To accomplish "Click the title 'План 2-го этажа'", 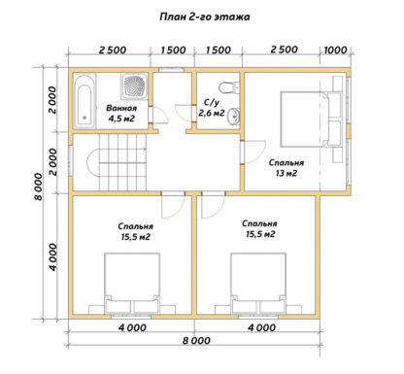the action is [205, 17].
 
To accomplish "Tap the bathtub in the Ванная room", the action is [84, 101].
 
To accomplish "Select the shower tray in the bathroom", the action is [134, 86].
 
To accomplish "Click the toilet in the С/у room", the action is [229, 87].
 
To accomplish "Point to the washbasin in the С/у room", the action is [234, 116].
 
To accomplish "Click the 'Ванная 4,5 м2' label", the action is [121, 113].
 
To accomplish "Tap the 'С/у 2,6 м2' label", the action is [212, 108].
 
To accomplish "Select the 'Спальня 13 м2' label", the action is [286, 168].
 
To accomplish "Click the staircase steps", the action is [122, 162].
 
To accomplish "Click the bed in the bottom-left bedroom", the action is [132, 284].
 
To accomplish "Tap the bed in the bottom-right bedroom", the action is [258, 284].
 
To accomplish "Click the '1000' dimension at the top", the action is [335, 51].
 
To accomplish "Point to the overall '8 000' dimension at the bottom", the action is [196, 341].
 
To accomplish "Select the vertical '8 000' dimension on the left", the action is [39, 187].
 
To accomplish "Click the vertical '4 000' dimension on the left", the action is [53, 256].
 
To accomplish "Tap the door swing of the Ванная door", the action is [160, 115].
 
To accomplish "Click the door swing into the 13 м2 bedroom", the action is [255, 152].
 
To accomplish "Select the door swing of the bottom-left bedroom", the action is [173, 207].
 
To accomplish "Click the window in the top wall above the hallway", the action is [171, 69].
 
